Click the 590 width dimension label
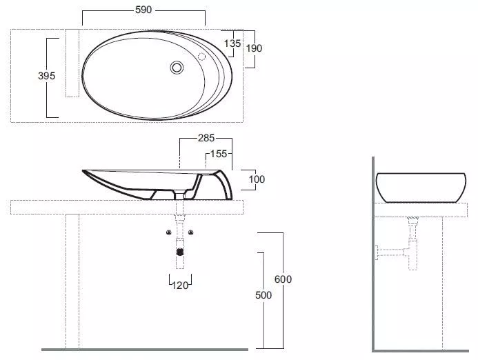pos(143,10)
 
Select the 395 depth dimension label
pos(47,76)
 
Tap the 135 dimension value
pos(232,43)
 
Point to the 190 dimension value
pos(254,48)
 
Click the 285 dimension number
pos(206,138)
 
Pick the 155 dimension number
pos(219,154)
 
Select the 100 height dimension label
pos(257,179)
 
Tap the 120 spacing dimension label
pos(180,286)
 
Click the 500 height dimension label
pos(263,295)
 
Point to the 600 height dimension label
pos(283,279)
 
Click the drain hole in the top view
pos(177,68)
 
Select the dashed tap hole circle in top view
pos(201,57)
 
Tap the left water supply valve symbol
pos(169,232)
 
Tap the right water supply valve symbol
pos(191,232)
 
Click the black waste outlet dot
pos(180,252)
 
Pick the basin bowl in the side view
pos(421,188)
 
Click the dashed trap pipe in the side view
pos(412,244)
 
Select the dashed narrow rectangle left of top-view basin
pos(72,63)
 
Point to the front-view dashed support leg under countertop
pos(72,281)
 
